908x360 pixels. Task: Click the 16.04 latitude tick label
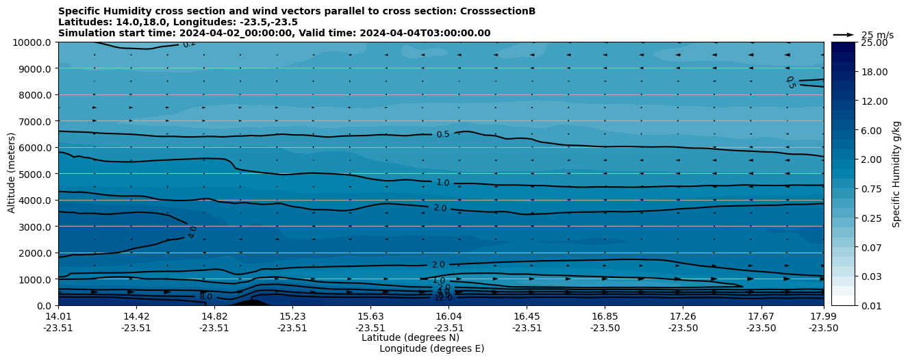(449, 316)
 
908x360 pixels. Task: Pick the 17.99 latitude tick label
(823, 316)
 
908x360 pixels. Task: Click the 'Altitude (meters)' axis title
(12, 174)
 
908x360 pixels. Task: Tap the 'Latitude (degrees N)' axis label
(410, 337)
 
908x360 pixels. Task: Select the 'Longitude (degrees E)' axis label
(431, 348)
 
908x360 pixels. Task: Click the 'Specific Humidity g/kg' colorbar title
(896, 174)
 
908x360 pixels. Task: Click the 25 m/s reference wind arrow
(844, 34)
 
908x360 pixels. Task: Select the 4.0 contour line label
(192, 232)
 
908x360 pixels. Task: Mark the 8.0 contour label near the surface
(205, 296)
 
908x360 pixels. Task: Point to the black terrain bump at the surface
(251, 302)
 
